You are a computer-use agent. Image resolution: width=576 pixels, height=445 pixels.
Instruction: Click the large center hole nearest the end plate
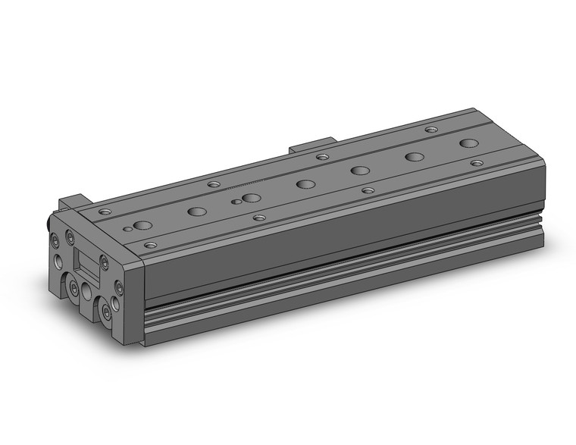(x=142, y=225)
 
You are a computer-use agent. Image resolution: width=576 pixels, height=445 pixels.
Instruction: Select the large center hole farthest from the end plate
(x=468, y=143)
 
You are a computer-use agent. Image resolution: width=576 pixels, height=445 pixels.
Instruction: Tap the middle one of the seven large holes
(x=306, y=183)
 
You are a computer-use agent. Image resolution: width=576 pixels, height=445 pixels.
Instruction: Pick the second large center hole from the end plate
(x=197, y=212)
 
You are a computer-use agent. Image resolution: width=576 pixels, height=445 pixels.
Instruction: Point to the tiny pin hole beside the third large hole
(x=237, y=202)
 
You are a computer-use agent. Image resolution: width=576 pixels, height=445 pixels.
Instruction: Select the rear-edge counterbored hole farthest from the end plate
(x=430, y=130)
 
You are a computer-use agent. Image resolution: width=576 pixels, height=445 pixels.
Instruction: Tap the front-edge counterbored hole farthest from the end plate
(x=476, y=162)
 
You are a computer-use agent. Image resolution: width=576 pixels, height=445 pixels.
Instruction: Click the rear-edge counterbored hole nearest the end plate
(x=104, y=212)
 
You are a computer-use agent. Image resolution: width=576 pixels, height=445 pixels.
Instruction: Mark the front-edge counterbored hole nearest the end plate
(x=151, y=246)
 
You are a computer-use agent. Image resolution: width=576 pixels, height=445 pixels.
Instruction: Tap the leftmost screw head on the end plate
(x=55, y=240)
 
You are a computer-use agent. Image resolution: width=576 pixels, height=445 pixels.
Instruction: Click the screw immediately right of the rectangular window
(x=104, y=263)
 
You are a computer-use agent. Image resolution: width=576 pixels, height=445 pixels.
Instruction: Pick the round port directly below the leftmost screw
(x=58, y=263)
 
